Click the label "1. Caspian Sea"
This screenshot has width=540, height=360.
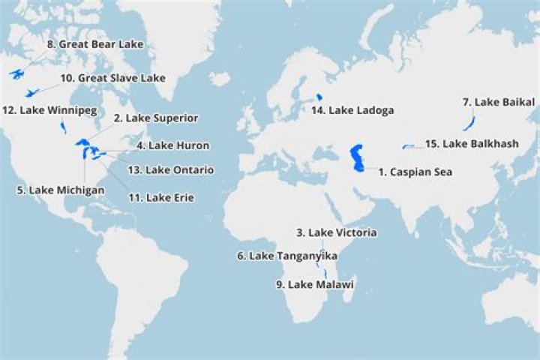pos(415,172)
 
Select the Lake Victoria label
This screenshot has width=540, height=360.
pos(336,232)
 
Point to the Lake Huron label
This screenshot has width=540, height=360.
pos(172,145)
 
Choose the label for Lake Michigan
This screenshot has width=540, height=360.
pos(60,190)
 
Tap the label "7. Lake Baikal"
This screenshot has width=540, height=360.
pos(498,101)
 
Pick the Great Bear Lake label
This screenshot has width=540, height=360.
pos(94,44)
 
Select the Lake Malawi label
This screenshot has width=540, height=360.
pos(314,284)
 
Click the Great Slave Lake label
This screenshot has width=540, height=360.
pos(112,77)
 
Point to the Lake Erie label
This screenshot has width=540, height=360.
pos(160,197)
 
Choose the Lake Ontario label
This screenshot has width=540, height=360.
pos(170,170)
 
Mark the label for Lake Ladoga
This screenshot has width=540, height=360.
pos(352,110)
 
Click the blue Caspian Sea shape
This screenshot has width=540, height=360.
pos(358,158)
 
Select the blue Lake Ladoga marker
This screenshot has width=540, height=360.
pos(319,97)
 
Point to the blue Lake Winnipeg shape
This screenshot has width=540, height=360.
pos(63,127)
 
